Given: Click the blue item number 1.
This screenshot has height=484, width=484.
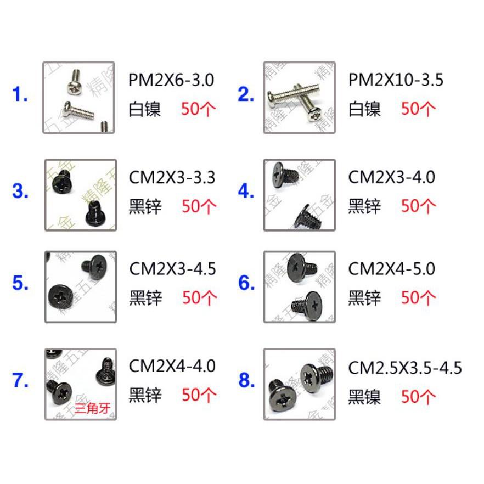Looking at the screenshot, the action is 20,94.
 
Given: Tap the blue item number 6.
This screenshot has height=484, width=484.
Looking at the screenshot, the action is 246,283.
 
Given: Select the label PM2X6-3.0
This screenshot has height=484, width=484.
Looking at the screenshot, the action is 171,80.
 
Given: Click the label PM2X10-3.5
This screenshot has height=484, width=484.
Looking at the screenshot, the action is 396,80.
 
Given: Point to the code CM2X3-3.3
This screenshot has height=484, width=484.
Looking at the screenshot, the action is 172,178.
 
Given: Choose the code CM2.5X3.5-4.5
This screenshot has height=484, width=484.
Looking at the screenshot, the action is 405,368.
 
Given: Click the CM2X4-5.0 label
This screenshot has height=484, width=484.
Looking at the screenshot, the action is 392,269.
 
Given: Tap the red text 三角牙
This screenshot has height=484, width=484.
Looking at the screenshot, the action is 92,408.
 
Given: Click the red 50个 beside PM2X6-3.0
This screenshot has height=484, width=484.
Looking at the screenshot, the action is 199,109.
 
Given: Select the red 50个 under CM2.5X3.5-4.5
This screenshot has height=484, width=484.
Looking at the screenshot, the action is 418,397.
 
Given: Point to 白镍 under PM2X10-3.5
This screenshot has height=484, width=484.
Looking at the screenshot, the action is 364,109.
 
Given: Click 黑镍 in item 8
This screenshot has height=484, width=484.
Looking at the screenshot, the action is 364,397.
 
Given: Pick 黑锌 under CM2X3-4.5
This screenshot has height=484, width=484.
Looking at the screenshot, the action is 145,298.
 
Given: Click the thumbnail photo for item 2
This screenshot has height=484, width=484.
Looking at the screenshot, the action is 300,98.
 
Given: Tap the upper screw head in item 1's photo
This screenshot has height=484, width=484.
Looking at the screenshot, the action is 73,87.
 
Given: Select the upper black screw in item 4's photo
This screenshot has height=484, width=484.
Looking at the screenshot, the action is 285,175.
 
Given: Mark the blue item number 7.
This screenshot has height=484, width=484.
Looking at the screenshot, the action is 20,380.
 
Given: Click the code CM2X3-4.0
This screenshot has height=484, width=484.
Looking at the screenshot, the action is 392,177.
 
